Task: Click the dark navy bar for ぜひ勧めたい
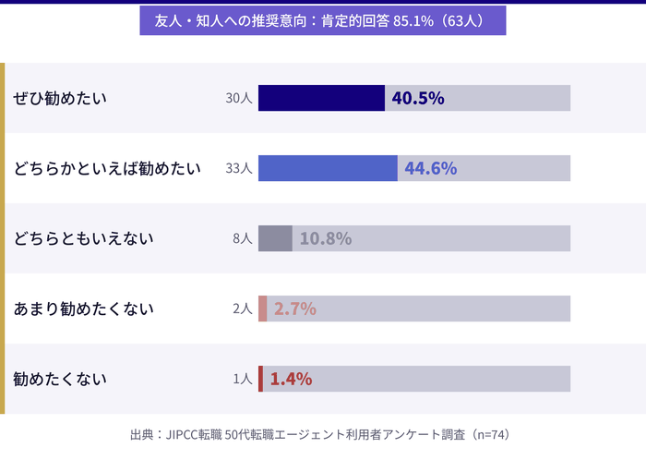pyautogui.click(x=321, y=98)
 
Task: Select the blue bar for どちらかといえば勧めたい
pyautogui.click(x=328, y=168)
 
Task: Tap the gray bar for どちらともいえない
pyautogui.click(x=275, y=238)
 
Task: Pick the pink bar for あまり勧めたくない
pyautogui.click(x=263, y=309)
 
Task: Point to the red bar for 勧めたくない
pyautogui.click(x=260, y=379)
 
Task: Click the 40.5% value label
pyautogui.click(x=418, y=98)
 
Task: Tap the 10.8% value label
pyautogui.click(x=326, y=238)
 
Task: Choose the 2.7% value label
pyautogui.click(x=295, y=309)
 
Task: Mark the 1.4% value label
pyautogui.click(x=291, y=379)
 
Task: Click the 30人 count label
pyautogui.click(x=238, y=98)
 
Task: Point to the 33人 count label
pyautogui.click(x=238, y=168)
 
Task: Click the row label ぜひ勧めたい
pyautogui.click(x=60, y=98)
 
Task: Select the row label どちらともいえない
pyautogui.click(x=83, y=238)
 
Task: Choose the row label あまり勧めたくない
pyautogui.click(x=83, y=309)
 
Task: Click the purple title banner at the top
pyautogui.click(x=323, y=20)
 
